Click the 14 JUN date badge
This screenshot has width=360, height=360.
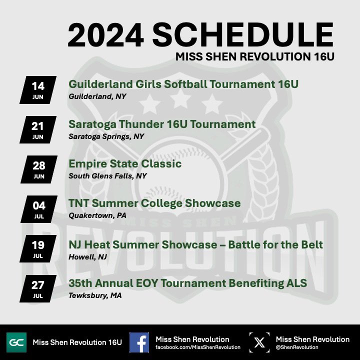[x=38, y=89]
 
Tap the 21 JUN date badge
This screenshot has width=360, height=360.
[x=38, y=129]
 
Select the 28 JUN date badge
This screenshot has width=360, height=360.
[x=38, y=169]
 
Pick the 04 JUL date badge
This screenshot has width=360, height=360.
[x=38, y=209]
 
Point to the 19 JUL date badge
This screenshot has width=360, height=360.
[x=38, y=248]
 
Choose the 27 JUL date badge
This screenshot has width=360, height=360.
[x=38, y=288]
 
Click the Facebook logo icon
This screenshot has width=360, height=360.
[x=139, y=342]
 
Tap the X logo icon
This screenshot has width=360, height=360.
[x=259, y=342]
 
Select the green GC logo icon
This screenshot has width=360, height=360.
[x=16, y=342]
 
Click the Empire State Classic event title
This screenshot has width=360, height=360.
[x=124, y=164]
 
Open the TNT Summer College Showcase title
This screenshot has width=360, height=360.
[x=154, y=203]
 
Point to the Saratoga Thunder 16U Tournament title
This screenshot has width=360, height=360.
[x=162, y=124]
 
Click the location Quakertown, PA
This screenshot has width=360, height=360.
[x=97, y=216]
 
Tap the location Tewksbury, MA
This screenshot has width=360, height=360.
[x=95, y=295]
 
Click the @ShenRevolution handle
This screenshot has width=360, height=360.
[x=297, y=347]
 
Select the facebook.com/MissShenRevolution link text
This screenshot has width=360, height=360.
[x=198, y=347]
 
